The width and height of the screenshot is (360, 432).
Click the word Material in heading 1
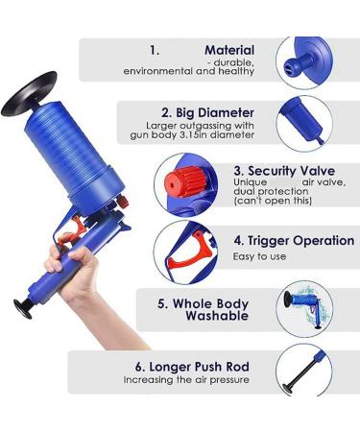point(229,50)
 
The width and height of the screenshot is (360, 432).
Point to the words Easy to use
point(259,256)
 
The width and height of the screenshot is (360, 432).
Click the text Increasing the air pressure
point(186,380)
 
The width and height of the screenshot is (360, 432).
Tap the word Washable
point(217,316)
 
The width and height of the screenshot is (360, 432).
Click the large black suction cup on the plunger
point(29,94)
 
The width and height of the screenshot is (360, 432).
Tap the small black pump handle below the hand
point(23,308)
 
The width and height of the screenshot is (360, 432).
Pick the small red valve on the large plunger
point(122,202)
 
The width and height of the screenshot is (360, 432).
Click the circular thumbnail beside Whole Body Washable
point(304,309)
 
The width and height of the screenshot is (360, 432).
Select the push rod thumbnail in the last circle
point(304,372)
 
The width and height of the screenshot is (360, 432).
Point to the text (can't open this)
point(273,201)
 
